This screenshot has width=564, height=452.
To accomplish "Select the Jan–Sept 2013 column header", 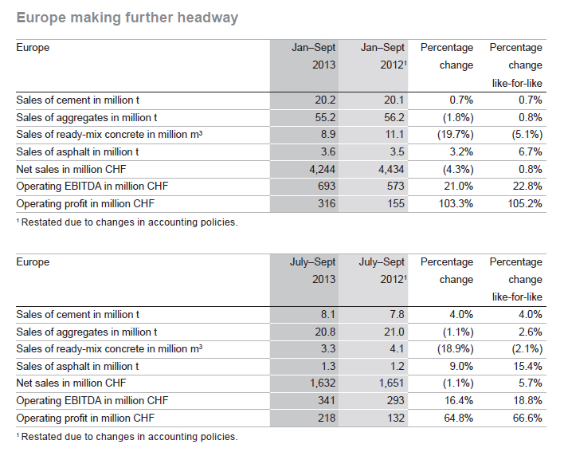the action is (x=313, y=56).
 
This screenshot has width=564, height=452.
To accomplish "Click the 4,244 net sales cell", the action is (x=323, y=169).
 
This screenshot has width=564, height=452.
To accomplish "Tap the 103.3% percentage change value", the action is (x=456, y=204).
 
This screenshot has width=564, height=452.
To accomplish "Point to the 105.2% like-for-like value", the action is (x=525, y=204).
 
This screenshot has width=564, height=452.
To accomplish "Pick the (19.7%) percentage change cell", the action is (x=456, y=135).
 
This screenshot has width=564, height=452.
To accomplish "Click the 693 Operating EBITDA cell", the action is (x=327, y=186).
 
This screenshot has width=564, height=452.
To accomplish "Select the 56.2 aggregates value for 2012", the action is (x=394, y=117).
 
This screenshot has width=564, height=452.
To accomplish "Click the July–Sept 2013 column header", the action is (x=312, y=270).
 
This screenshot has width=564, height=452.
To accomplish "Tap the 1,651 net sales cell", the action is (x=391, y=383).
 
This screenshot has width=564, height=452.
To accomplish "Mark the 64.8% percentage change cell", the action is (x=459, y=419).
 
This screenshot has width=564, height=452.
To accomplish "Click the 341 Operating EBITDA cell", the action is (x=327, y=400).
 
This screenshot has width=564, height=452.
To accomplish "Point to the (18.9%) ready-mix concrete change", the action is (x=456, y=349).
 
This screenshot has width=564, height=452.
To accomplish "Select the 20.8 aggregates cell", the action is (x=325, y=332).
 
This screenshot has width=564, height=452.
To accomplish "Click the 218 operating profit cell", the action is (x=327, y=419).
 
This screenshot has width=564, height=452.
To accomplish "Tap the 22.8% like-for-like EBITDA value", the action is (x=527, y=186).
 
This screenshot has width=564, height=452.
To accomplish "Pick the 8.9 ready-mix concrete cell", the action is (x=328, y=135).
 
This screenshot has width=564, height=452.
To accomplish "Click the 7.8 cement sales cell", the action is (x=397, y=315).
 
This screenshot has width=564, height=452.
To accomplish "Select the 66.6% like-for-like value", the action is (x=527, y=419).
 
